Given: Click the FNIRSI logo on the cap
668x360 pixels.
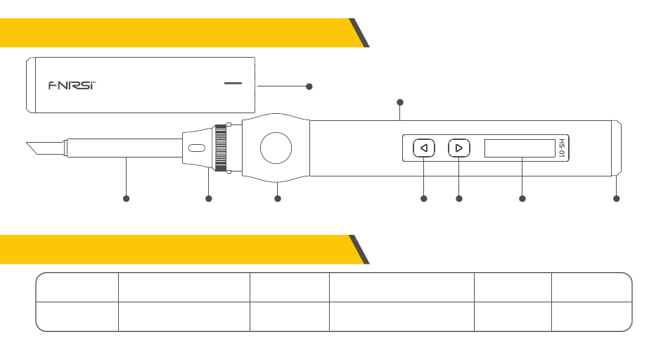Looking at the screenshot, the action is [72, 85].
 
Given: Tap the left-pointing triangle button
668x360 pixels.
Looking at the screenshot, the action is [423, 148].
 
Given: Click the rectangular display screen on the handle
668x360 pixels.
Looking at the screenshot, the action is [520, 148].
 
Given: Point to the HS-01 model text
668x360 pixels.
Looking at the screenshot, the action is [561, 148].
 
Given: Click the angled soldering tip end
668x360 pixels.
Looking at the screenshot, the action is [34, 149].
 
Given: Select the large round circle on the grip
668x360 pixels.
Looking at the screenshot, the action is [276, 148].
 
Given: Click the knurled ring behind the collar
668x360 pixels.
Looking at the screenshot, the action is [222, 147].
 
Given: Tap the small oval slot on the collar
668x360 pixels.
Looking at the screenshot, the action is [196, 148].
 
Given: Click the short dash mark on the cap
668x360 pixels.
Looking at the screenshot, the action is [232, 83].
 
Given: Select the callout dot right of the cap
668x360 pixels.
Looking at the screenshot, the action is [309, 86].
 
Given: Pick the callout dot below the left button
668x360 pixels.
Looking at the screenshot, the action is [424, 199].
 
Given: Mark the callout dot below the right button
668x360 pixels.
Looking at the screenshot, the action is [459, 199].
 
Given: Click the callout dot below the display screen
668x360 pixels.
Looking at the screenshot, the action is [522, 199].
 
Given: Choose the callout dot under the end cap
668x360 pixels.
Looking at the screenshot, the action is [617, 199].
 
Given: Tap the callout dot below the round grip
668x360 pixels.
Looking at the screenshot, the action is [278, 199].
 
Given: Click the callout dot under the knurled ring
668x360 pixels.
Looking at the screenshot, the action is [208, 199].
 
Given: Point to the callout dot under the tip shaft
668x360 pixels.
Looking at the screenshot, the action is [127, 199].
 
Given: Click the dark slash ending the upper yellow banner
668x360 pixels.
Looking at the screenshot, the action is [360, 33].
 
